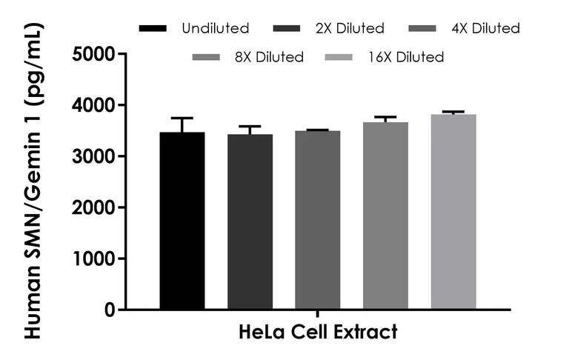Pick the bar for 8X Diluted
[385, 216]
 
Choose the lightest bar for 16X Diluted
[453, 212]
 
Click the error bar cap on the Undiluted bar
[182, 118]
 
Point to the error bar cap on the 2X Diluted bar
[250, 127]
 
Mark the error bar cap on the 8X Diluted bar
[385, 117]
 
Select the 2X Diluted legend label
[350, 29]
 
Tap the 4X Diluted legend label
[485, 29]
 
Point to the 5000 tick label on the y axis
[93, 54]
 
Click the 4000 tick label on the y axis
[93, 105]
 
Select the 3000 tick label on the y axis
[93, 156]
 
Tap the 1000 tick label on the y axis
[93, 259]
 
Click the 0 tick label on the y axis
[109, 310]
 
